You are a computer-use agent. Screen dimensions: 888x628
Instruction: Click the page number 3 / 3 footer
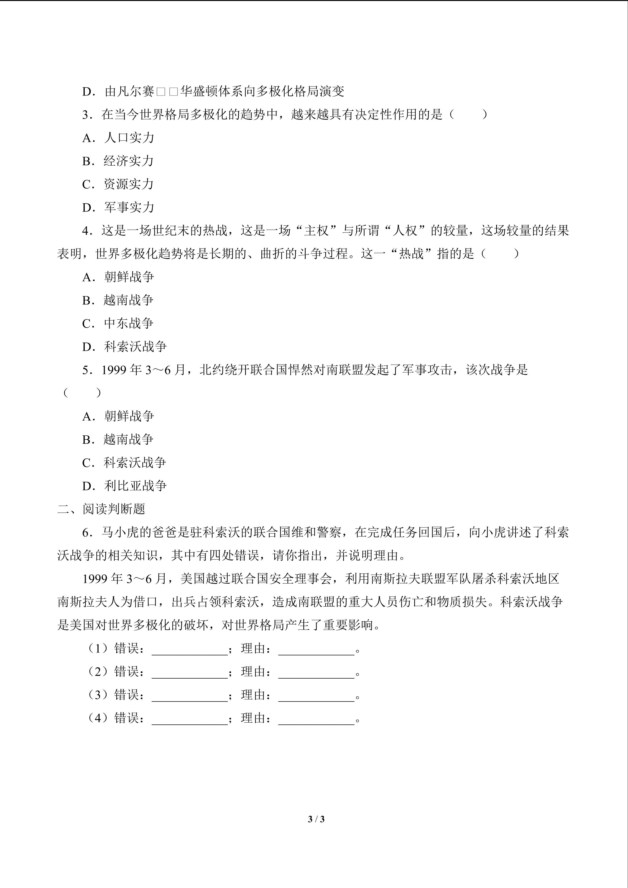[316, 819]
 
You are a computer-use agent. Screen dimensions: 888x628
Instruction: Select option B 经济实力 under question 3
[118, 161]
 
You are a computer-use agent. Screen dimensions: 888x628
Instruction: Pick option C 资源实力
[118, 184]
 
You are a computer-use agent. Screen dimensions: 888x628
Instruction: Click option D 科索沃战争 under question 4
[124, 347]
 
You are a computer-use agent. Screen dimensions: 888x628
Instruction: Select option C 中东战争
[118, 323]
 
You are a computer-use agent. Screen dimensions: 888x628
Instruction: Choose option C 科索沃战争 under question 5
[124, 463]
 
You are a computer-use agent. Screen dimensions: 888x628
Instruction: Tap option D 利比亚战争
[124, 486]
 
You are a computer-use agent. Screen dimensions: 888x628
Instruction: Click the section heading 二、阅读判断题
[101, 509]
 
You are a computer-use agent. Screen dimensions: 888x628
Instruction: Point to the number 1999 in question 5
[114, 370]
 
